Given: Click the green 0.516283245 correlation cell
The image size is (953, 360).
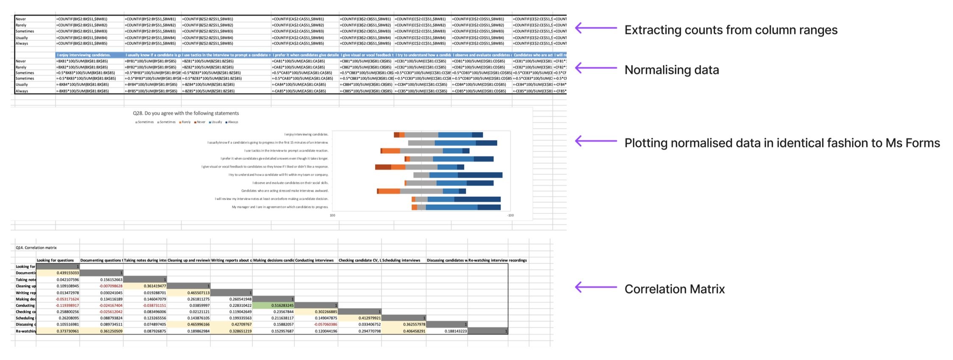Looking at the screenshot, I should [x=273, y=305].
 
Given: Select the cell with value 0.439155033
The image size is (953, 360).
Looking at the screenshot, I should [x=58, y=273].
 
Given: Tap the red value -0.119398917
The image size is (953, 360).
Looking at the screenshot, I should [x=58, y=305].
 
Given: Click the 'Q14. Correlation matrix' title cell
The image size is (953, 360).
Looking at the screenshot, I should [x=36, y=248].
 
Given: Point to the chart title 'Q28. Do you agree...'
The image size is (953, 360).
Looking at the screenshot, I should [x=186, y=113].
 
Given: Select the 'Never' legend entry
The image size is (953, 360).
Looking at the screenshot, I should [x=200, y=122].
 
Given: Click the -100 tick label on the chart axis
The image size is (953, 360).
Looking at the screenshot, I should [x=510, y=215].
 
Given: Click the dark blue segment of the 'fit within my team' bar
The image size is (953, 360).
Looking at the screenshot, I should [x=480, y=175].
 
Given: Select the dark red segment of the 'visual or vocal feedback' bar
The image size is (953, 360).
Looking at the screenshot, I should [x=383, y=167].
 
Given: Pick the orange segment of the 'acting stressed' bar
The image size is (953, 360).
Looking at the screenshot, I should [x=389, y=191].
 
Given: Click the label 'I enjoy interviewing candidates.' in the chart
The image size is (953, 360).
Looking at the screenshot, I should [x=307, y=134].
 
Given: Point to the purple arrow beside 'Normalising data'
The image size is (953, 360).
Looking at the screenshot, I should [x=596, y=68].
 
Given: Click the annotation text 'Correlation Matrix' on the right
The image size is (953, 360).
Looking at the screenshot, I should [x=674, y=289].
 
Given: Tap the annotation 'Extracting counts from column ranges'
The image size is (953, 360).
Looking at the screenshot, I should [x=731, y=30].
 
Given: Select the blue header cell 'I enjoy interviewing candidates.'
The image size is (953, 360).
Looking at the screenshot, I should [x=84, y=55].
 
